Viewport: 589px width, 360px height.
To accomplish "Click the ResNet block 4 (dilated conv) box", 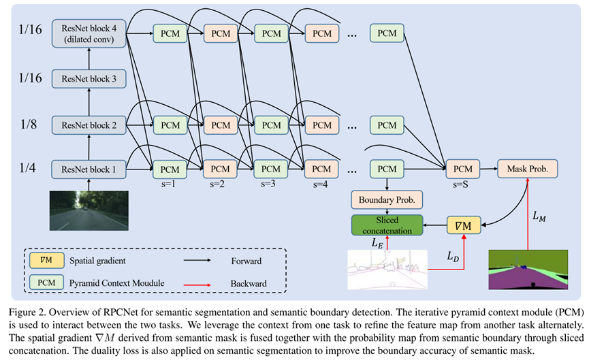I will [89, 33].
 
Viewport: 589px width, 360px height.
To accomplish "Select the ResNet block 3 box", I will [89, 80].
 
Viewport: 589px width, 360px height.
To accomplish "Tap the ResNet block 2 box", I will [89, 125].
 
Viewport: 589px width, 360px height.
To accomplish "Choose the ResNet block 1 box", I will [89, 168].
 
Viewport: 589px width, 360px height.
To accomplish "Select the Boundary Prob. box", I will [386, 200].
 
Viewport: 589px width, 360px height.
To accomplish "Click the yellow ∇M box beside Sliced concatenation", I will [464, 224].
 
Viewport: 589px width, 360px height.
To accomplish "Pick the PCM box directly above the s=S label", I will [462, 168].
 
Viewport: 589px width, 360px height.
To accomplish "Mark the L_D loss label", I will [453, 257].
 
